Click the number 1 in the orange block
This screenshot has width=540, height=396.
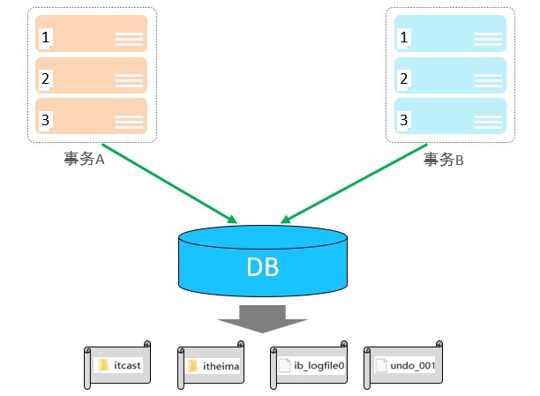[45, 38]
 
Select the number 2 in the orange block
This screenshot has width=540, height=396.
[45, 79]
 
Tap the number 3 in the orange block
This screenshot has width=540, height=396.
[45, 120]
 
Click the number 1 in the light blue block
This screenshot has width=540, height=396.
[404, 38]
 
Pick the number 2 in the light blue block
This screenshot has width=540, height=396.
[404, 79]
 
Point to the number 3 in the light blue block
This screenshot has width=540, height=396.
[404, 120]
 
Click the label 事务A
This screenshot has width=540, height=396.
[84, 159]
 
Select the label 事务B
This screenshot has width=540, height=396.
[443, 159]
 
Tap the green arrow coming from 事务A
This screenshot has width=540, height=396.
[168, 180]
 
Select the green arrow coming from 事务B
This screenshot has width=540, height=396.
[353, 180]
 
